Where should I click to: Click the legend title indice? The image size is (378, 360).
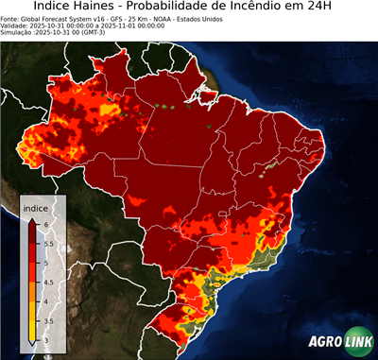coord(35,207)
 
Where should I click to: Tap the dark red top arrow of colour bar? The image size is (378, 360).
coord(31,220)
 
